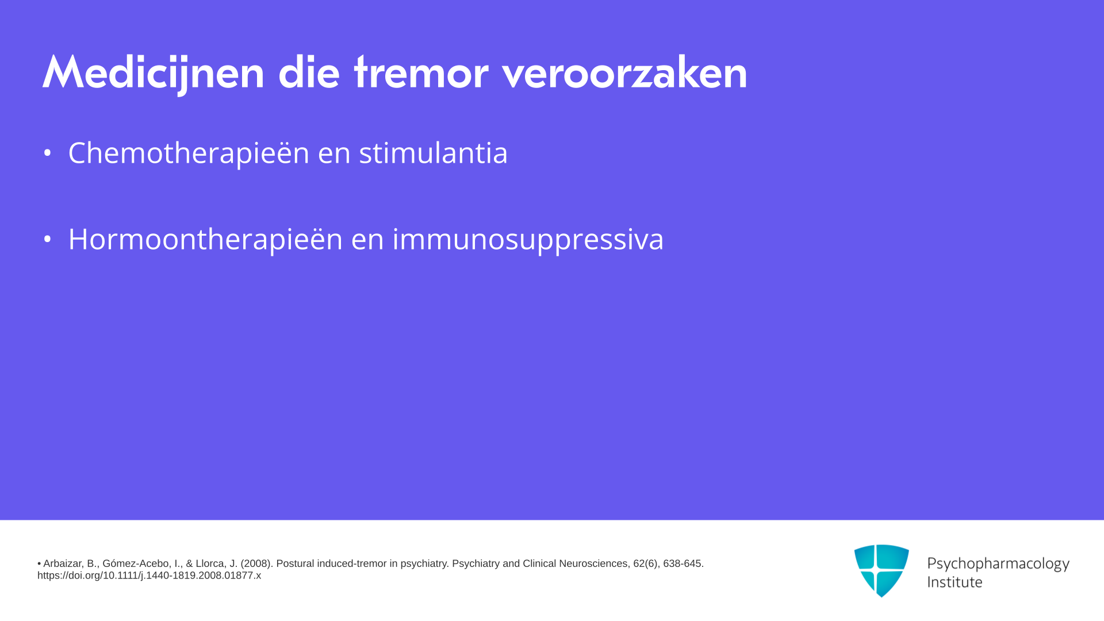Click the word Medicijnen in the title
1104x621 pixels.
[153, 74]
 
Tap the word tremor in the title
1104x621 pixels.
[421, 72]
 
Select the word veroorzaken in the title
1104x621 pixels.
[624, 72]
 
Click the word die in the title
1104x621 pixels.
[309, 72]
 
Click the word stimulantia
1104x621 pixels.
[434, 153]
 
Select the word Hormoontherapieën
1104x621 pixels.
[205, 239]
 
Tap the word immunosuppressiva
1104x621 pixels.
[528, 239]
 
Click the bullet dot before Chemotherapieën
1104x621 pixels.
[47, 153]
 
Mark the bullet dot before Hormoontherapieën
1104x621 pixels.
[47, 239]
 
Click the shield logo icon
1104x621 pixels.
[881, 570]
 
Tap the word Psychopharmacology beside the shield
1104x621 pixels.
[998, 563]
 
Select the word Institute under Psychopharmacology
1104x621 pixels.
[955, 582]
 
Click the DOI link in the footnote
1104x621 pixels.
[149, 576]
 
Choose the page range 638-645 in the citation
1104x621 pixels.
[683, 563]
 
